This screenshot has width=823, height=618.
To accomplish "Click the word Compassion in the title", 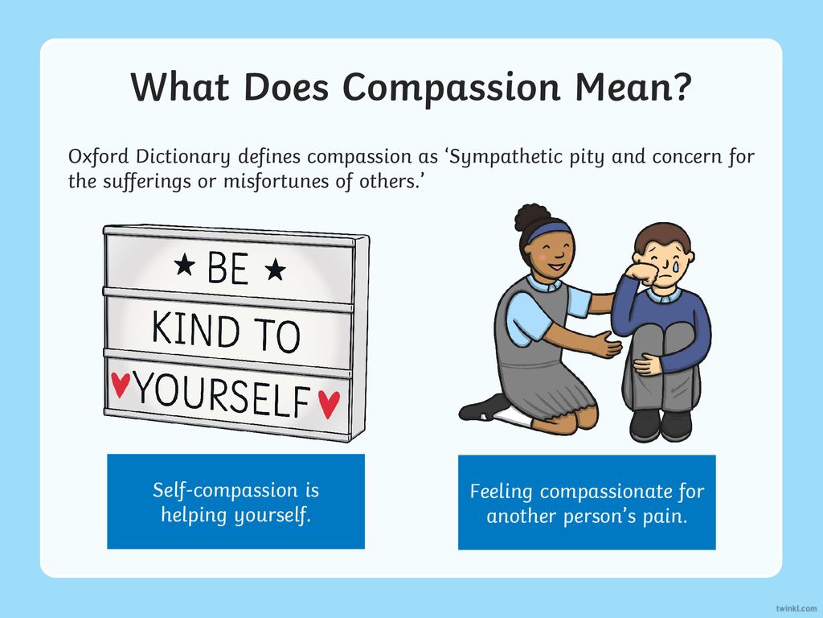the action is pos(452,88).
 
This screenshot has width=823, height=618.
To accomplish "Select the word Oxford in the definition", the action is pos(98,156).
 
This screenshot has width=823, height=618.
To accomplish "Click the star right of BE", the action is pos(275,270).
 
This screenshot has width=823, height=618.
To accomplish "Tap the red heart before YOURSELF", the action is pos(121,384).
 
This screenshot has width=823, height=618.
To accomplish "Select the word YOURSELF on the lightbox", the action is pos(223,395).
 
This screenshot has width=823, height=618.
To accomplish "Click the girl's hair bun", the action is pos(532,216).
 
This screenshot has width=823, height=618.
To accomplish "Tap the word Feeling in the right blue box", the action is pos(502,492).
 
